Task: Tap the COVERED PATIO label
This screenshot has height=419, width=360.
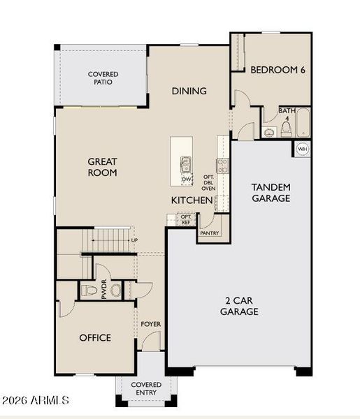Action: tap(103, 78)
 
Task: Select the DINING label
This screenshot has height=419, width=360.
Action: tap(189, 91)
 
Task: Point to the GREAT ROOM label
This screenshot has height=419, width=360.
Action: tap(102, 167)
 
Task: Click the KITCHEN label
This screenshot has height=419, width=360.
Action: tap(192, 200)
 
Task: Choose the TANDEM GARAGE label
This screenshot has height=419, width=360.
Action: tap(271, 193)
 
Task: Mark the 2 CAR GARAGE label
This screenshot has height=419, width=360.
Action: tap(240, 306)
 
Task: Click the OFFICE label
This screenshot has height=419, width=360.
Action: tap(95, 338)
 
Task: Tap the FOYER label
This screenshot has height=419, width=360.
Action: tap(151, 324)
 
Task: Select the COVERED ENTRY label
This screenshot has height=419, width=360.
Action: tap(147, 389)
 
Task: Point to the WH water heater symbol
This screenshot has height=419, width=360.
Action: tap(303, 149)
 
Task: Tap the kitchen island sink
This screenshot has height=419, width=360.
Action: tap(186, 165)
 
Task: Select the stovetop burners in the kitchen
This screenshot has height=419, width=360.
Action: tap(223, 166)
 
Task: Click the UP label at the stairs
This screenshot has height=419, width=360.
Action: tap(134, 241)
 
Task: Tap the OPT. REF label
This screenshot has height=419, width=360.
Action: tap(186, 219)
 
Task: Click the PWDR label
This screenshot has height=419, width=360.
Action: tap(104, 291)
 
